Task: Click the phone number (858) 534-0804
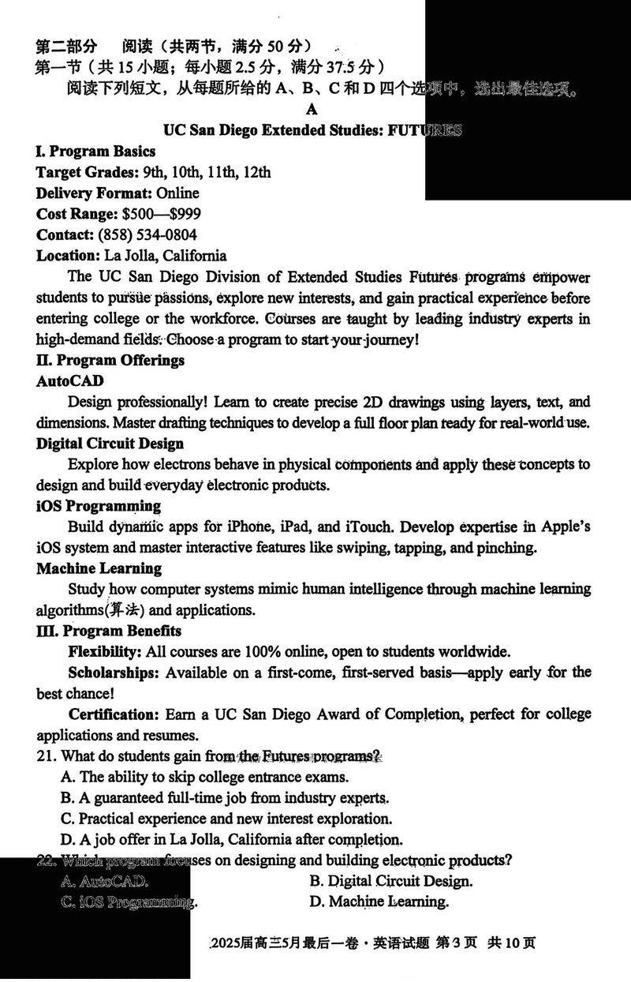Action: click(147, 234)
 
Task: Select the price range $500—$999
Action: click(161, 214)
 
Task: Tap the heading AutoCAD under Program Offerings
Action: click(69, 380)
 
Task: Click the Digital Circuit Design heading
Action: click(110, 444)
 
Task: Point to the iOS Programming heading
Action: click(99, 506)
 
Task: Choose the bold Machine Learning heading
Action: click(99, 568)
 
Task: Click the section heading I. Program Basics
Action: click(95, 152)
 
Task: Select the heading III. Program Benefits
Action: click(109, 631)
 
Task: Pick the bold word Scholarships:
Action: click(114, 673)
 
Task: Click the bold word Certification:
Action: click(114, 714)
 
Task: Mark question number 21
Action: click(46, 756)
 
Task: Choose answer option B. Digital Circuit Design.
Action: click(391, 881)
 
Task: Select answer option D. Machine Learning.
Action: click(379, 901)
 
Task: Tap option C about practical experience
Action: click(226, 819)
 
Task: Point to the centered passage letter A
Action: click(313, 110)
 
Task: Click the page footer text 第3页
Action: click(458, 943)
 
